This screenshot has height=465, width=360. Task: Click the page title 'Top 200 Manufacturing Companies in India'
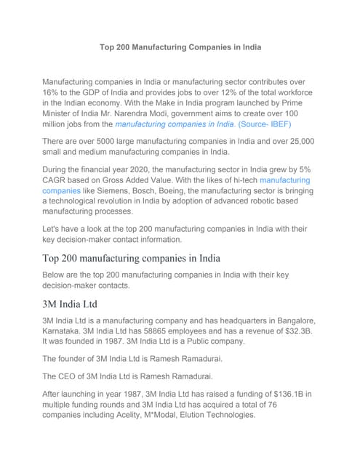(x=180, y=47)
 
